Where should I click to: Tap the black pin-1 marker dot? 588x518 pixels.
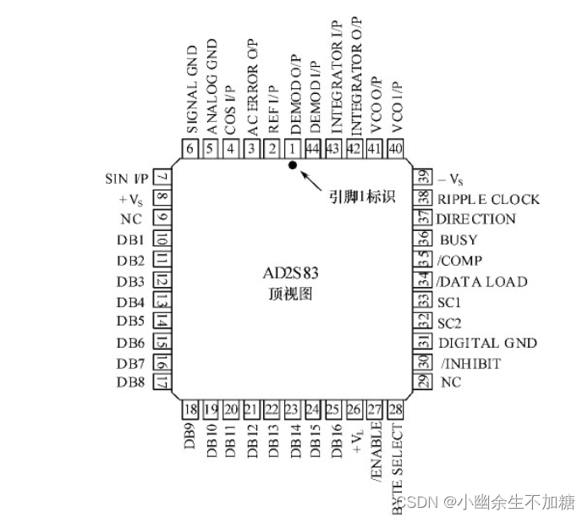click(293, 166)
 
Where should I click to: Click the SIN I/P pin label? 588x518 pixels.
click(127, 179)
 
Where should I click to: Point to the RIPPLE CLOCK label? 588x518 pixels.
click(488, 200)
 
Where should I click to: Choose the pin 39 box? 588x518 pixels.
click(420, 179)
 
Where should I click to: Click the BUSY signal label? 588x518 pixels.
click(459, 240)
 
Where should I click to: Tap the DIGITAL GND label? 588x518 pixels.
click(487, 343)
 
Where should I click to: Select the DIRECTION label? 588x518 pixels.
click(475, 219)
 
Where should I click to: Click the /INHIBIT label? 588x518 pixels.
click(470, 363)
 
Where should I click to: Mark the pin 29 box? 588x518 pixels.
click(420, 383)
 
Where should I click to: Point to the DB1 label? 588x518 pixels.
click(133, 240)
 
